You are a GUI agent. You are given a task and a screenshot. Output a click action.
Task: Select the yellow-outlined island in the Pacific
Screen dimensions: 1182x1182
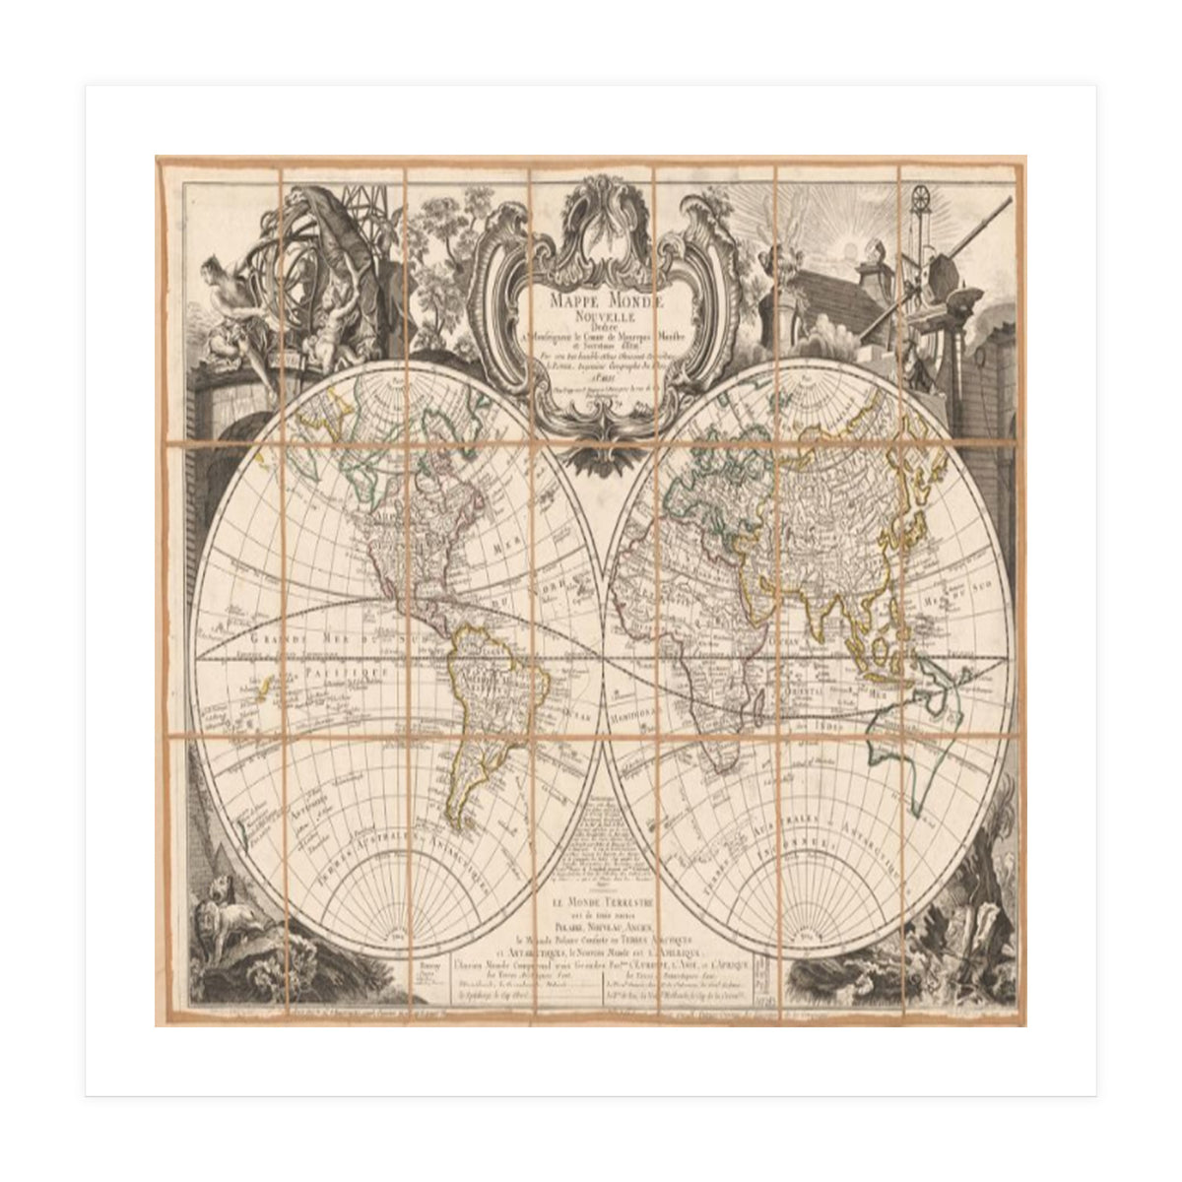(260, 692)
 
